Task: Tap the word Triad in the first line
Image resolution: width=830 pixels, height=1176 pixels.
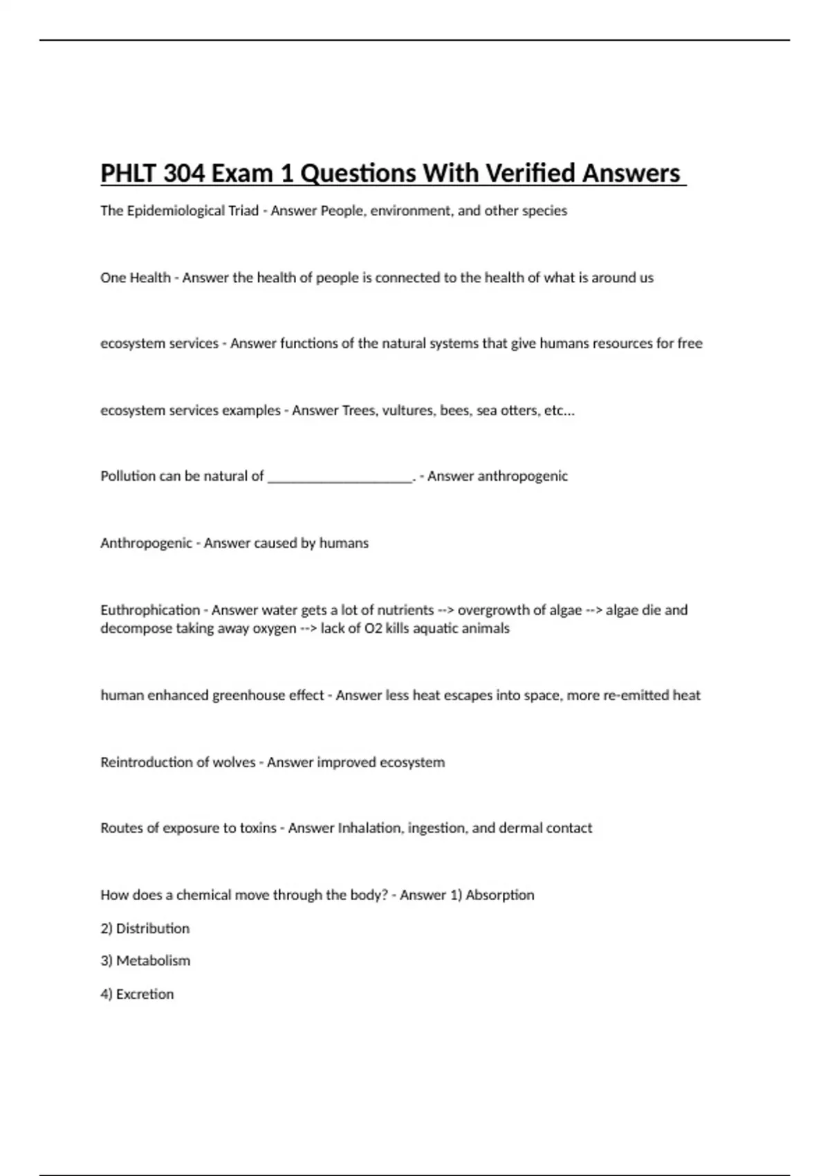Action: (243, 211)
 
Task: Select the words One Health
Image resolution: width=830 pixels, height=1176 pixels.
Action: (136, 278)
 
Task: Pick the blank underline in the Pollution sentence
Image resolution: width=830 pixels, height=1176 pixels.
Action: (340, 477)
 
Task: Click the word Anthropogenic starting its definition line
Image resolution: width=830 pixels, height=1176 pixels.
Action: (146, 543)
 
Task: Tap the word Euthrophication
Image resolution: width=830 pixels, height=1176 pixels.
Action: (150, 610)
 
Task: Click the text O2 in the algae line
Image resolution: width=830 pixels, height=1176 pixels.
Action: (373, 629)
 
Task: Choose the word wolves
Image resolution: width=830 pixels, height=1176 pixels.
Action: (234, 762)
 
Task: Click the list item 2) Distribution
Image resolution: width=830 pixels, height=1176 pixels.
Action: (145, 928)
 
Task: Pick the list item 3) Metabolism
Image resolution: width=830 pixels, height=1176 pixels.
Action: (145, 961)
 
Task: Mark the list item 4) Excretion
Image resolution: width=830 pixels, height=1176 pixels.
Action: (137, 994)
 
